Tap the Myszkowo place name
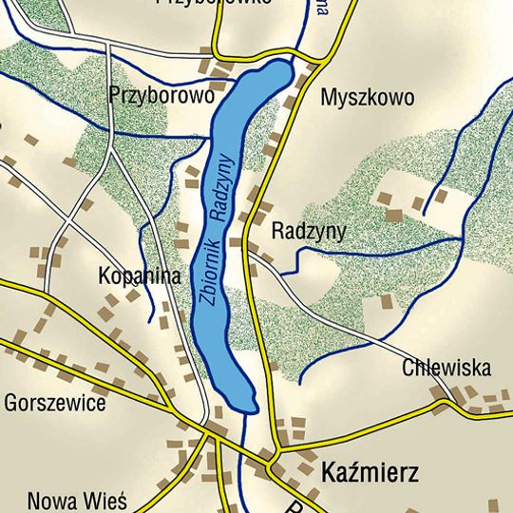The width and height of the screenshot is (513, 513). (368, 97)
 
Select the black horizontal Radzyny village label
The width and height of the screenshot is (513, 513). (308, 231)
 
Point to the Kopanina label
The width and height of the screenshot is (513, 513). (139, 277)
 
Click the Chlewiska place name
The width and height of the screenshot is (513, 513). (446, 368)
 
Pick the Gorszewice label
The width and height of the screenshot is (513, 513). (54, 403)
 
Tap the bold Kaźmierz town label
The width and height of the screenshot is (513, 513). (370, 471)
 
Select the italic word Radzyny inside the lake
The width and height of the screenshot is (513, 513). (224, 188)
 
